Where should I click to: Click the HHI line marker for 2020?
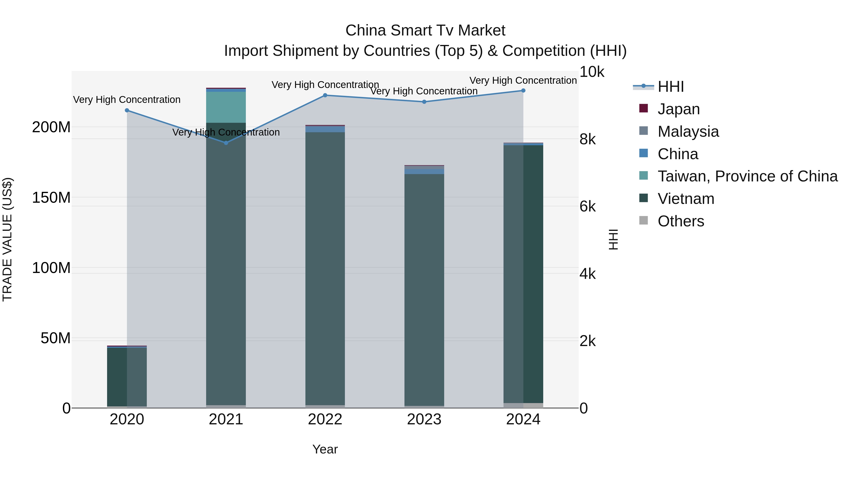coord(127,110)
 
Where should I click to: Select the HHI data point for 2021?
coord(226,143)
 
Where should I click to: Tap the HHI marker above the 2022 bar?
coord(325,95)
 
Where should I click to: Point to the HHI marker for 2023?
coord(424,102)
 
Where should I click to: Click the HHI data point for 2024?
coord(523,91)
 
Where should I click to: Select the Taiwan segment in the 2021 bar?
coord(226,107)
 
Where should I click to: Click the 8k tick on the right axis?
coord(588,140)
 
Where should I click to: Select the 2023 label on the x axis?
coord(424,419)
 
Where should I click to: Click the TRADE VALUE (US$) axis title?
coord(7,239)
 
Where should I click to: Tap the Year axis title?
coord(325,449)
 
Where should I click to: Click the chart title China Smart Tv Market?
coord(425,31)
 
